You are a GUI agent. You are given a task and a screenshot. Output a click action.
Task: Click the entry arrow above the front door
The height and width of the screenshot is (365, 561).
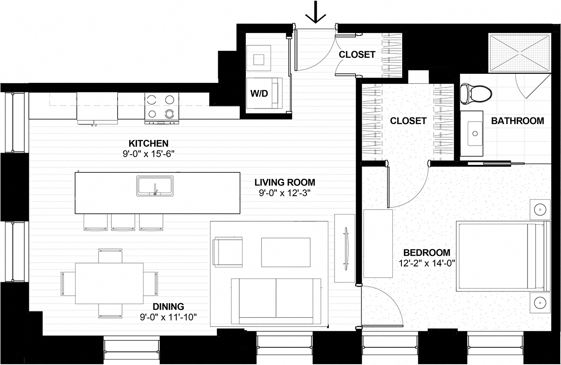[316, 13]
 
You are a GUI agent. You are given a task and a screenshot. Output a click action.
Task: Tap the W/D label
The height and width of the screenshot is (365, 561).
[259, 94]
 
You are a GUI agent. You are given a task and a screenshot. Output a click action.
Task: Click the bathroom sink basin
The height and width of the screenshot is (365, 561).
[475, 133]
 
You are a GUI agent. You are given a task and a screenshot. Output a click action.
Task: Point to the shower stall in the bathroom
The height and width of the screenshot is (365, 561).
[520, 53]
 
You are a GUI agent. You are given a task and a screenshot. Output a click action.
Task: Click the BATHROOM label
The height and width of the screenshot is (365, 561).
[517, 121]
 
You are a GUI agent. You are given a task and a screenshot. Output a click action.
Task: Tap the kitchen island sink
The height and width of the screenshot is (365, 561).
[155, 185]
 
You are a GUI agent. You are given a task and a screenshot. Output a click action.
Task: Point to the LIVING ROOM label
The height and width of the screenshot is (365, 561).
[285, 182]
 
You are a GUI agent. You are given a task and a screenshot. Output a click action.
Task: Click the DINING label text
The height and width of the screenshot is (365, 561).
[168, 306]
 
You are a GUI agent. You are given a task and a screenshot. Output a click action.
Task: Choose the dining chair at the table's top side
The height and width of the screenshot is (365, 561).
[110, 255]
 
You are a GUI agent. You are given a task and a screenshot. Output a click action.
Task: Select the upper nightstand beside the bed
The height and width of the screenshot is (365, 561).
[540, 210]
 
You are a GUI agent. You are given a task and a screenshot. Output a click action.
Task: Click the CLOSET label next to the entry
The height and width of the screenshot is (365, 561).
[357, 54]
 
